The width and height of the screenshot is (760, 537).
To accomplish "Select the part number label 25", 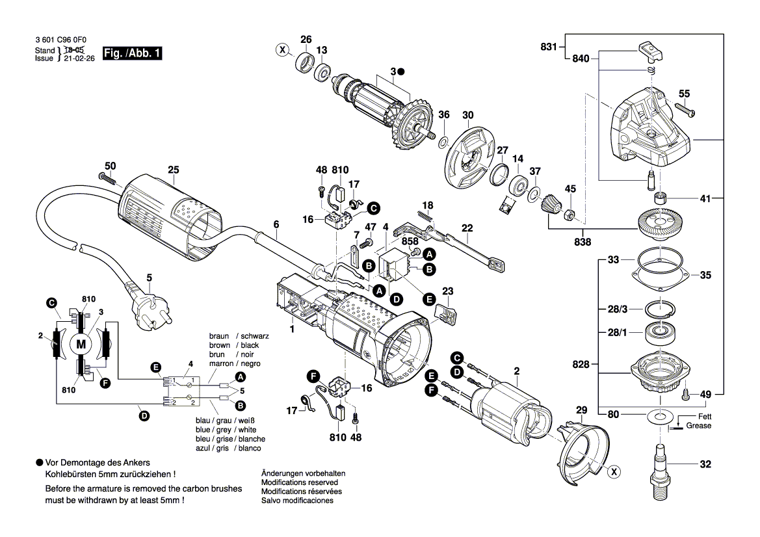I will pyautogui.click(x=173, y=170).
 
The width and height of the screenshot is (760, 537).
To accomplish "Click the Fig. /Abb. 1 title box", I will pyautogui.click(x=133, y=54).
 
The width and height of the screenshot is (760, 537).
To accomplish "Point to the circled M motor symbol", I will pyautogui.click(x=81, y=344).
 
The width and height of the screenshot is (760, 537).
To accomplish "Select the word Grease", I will pyautogui.click(x=699, y=426).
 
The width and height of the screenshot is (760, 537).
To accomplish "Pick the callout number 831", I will pyautogui.click(x=549, y=47).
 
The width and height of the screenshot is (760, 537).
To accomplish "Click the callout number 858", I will pyautogui.click(x=410, y=241).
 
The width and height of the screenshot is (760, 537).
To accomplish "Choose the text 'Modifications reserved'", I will pyautogui.click(x=299, y=482).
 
